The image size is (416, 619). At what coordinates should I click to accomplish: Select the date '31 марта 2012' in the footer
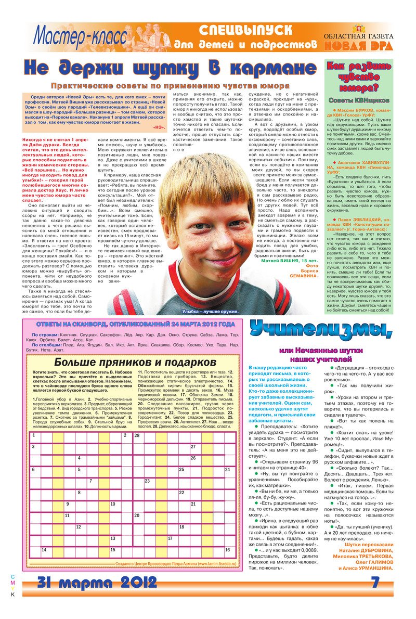pyautogui.click(x=97, y=581)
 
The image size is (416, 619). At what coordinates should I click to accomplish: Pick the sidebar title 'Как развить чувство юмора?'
pyautogui.click(x=358, y=77)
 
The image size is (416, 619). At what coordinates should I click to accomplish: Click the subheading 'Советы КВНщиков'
pyautogui.click(x=358, y=100)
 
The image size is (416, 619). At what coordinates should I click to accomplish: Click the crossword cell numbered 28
pyautogui.click(x=140, y=435)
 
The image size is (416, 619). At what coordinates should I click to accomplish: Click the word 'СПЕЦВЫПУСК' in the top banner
pyautogui.click(x=245, y=30)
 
